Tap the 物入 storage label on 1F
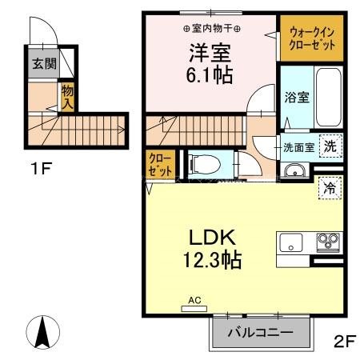[69, 98]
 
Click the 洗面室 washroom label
[298, 147]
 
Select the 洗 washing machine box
[328, 146]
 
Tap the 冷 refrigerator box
[328, 188]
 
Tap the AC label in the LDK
[193, 301]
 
